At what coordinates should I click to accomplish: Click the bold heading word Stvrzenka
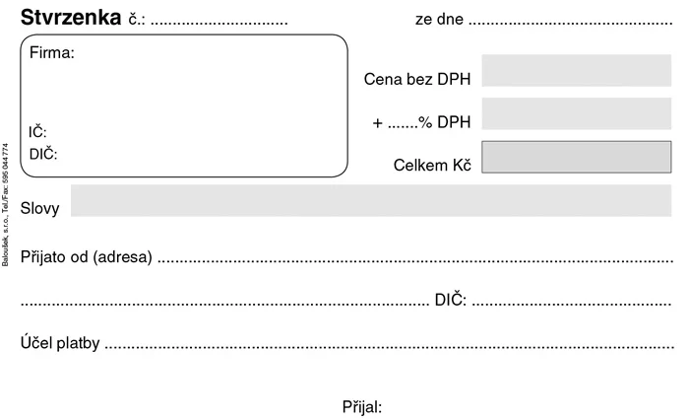[71, 18]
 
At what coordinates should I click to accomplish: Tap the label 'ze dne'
[439, 19]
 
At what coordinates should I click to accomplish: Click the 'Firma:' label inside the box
[52, 53]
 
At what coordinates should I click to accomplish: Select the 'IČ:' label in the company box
[37, 131]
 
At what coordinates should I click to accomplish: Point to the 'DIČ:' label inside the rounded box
[43, 154]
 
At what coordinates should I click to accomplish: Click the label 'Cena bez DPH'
[417, 79]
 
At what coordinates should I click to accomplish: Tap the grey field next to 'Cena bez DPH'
[577, 70]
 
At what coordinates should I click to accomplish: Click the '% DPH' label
[444, 122]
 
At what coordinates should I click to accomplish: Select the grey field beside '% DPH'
[577, 113]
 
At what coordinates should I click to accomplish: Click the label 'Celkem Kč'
[432, 165]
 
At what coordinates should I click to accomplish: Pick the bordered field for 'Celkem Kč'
[577, 157]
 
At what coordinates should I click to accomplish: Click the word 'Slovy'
[39, 208]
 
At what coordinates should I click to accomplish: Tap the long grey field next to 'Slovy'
[371, 200]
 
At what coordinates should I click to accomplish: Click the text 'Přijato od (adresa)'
[87, 256]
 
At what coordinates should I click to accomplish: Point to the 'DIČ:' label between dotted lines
[451, 300]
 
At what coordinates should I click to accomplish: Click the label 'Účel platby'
[60, 342]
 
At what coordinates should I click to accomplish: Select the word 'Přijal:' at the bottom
[362, 406]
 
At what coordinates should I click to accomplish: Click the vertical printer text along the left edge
[5, 205]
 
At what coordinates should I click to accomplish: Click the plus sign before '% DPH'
[377, 123]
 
